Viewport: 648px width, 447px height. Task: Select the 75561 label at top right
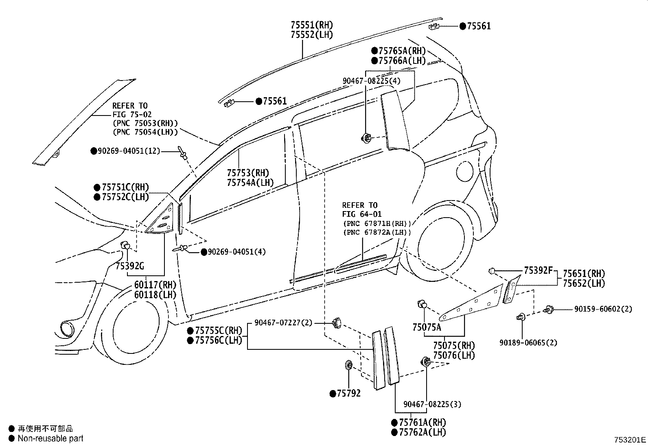(478, 26)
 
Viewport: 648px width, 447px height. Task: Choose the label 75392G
(129, 266)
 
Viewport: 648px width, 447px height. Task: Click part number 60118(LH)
(155, 294)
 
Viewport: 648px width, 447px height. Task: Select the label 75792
(348, 394)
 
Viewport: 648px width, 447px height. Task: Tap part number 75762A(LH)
(422, 432)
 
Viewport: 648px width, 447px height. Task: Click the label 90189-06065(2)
(528, 342)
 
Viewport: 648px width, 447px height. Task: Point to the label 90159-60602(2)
(603, 309)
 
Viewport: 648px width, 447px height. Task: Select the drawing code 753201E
(630, 440)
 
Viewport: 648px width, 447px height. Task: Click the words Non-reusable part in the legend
(50, 438)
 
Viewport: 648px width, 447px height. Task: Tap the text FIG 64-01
(362, 214)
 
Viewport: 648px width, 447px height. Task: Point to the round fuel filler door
(465, 170)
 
